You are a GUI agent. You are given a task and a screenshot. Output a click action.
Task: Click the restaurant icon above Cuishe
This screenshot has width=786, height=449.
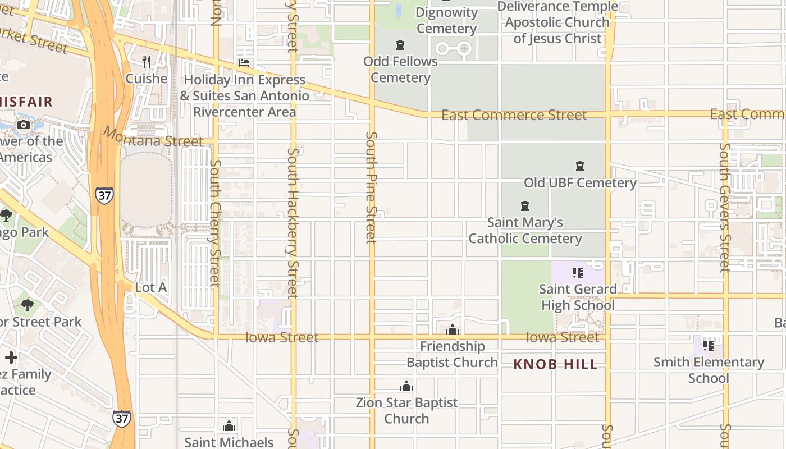(147, 61)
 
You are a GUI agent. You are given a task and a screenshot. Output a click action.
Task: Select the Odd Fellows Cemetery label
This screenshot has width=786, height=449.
(400, 69)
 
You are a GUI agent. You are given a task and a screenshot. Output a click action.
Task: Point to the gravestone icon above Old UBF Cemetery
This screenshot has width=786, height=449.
(580, 166)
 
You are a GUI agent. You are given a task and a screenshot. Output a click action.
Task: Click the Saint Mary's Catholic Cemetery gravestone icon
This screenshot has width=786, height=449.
(525, 206)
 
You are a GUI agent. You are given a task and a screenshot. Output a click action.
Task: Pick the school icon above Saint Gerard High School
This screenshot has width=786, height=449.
(577, 273)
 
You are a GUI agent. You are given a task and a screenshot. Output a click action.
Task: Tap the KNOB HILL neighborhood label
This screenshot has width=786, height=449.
(555, 364)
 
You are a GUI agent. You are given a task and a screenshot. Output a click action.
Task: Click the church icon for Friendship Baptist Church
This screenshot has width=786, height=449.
(452, 329)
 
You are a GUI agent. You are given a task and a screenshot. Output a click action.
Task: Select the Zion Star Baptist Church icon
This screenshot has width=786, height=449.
(406, 386)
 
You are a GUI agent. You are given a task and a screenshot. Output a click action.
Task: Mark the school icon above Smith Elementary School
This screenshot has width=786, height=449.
(709, 345)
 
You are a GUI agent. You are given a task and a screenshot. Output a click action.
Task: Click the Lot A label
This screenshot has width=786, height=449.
(151, 287)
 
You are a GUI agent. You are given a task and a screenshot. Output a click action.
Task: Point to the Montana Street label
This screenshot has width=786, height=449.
(153, 138)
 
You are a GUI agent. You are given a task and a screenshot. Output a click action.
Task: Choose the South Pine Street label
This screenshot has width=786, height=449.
(371, 187)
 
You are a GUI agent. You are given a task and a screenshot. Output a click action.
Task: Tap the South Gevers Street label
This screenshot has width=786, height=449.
(725, 208)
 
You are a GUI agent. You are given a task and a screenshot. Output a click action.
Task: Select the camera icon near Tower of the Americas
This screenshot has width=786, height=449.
(24, 125)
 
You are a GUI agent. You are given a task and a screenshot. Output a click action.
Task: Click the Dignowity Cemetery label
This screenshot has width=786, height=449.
(447, 20)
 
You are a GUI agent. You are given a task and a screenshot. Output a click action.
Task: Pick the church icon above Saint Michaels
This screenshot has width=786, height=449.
(229, 426)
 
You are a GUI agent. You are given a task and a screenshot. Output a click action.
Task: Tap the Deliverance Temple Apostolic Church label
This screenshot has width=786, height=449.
(557, 22)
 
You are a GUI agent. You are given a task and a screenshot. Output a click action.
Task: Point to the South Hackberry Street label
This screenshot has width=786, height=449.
(293, 222)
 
